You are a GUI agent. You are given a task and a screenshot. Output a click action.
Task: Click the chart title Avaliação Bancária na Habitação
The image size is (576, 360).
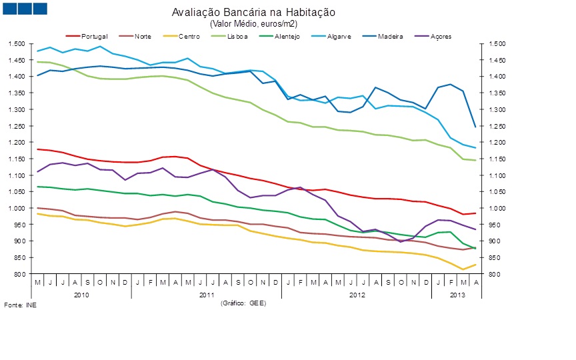[x=254, y=13]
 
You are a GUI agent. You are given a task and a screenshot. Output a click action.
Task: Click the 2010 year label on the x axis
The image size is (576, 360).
[x=81, y=294]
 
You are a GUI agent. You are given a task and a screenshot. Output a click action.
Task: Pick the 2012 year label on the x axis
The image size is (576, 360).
[x=357, y=294]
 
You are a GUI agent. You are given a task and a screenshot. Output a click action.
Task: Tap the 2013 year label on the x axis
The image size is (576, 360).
[x=457, y=294]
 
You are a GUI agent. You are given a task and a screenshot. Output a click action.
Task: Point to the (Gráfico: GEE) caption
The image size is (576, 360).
[x=243, y=303]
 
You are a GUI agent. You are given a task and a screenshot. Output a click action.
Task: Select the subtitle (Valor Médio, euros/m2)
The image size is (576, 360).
[x=254, y=23]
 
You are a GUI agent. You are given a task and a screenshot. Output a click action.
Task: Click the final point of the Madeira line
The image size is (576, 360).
[x=475, y=126]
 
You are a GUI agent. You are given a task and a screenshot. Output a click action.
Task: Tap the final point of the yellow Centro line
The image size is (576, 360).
[x=475, y=265]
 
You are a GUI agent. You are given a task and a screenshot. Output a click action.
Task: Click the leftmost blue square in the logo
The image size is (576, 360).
[x=9, y=9]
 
